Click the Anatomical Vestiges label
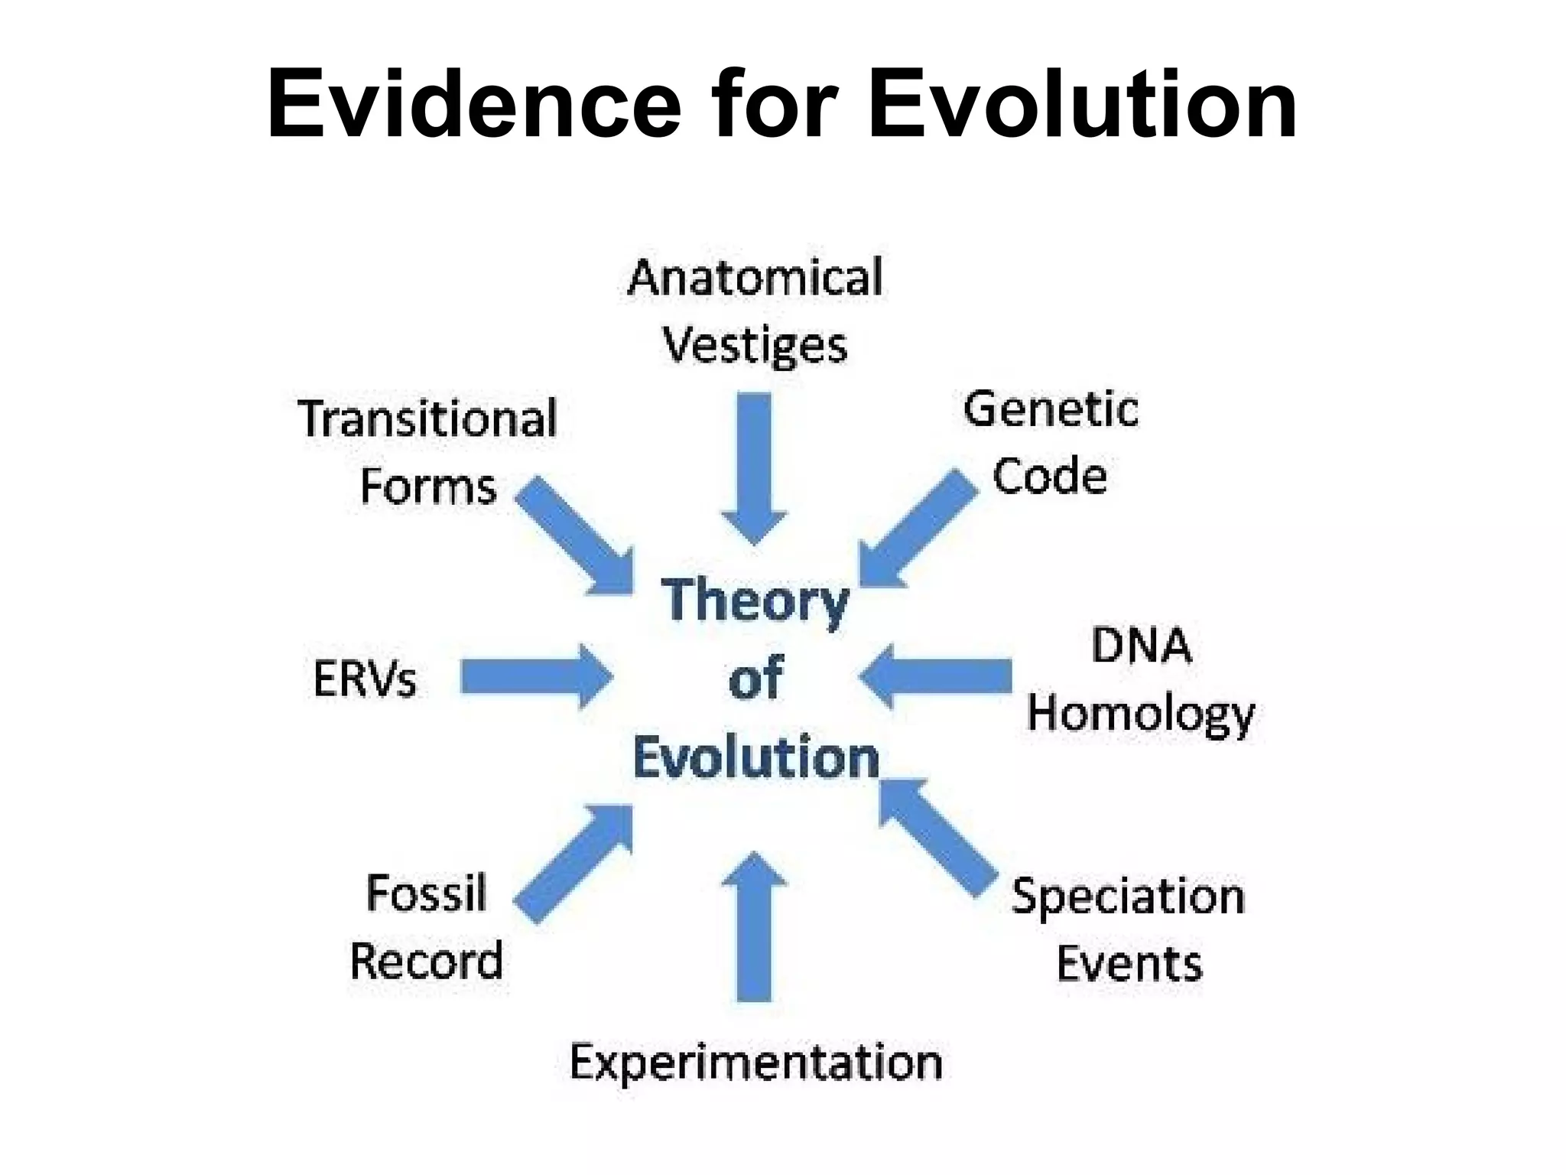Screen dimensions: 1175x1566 (755, 311)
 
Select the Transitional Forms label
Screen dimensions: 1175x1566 (427, 453)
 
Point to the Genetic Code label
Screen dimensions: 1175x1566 (1051, 443)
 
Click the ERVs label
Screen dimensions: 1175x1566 (365, 679)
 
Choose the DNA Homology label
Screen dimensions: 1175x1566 (1141, 679)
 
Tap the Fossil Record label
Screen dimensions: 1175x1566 (427, 927)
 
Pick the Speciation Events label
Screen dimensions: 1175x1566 (1129, 929)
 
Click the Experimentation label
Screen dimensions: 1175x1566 (755, 1063)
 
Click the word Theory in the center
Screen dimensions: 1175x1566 (755, 601)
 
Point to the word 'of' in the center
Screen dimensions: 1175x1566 (755, 678)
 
